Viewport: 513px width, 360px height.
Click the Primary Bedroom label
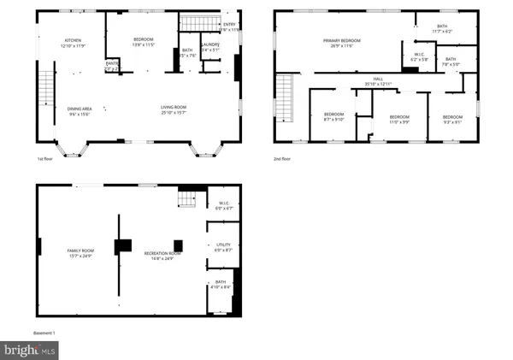click(339, 42)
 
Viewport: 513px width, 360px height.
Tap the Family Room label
click(80, 251)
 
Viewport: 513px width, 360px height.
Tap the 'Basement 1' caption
click(44, 332)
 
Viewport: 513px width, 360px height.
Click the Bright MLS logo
click(30, 350)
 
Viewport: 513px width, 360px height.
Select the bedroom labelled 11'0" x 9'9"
click(399, 119)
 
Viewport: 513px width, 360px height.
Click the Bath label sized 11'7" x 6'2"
click(442, 28)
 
